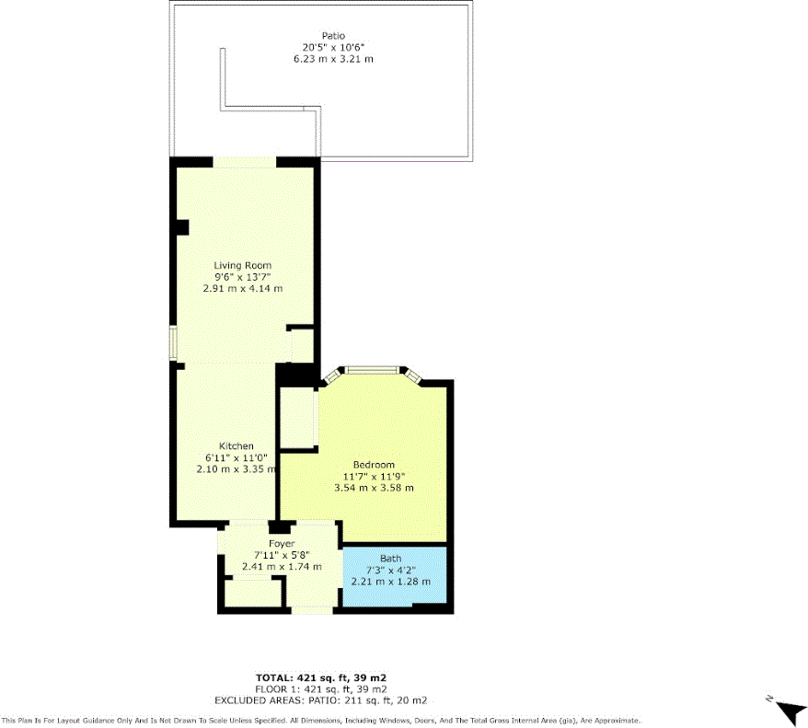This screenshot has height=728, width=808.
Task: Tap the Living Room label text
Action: [243, 265]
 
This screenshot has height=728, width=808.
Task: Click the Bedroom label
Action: [374, 464]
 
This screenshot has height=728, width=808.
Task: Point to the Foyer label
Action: [281, 544]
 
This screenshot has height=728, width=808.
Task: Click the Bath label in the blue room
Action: [391, 559]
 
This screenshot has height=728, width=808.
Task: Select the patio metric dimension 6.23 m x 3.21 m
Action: [328, 58]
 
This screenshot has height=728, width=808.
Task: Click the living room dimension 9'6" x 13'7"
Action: [243, 276]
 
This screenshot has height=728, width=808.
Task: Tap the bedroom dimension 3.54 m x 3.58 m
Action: [374, 487]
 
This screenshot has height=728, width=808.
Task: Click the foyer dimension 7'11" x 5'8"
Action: [281, 555]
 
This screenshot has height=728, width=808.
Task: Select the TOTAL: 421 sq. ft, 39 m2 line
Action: [321, 677]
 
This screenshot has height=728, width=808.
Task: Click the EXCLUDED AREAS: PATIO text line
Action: [321, 700]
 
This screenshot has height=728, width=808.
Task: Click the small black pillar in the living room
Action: [182, 226]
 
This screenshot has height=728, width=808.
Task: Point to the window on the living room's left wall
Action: [172, 341]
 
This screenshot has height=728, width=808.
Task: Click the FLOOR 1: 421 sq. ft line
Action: [321, 689]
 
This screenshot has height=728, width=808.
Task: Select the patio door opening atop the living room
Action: [244, 162]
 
